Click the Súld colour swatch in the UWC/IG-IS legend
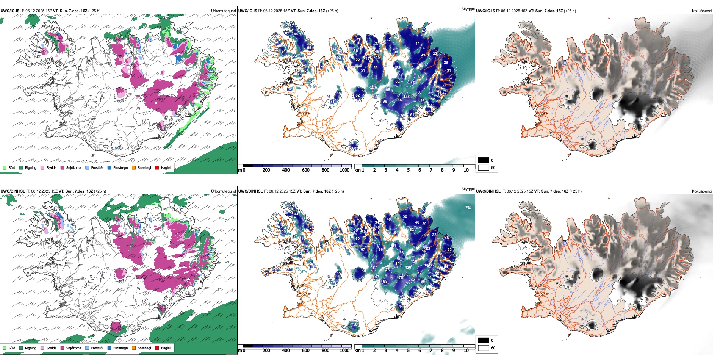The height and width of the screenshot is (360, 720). pos(5,167)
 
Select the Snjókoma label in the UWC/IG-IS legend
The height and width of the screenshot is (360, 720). pos(74,167)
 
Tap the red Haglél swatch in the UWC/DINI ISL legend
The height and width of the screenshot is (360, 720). pos(157,348)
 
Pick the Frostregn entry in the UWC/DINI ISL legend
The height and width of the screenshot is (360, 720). pos(120,348)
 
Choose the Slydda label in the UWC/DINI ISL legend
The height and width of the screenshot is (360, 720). pos(51,348)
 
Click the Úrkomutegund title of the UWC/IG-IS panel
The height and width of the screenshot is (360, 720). pos(223,11)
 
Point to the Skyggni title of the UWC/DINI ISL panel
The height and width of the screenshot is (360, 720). pos(468,189)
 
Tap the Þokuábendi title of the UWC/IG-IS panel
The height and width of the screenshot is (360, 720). pos(702,11)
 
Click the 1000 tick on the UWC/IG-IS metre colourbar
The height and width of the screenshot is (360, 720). pos(344,170)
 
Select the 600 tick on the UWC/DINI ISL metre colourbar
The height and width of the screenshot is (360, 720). pos(305,351)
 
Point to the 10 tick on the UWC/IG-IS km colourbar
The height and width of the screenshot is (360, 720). pos(466,170)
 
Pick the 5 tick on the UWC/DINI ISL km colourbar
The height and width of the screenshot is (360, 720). pos(409,351)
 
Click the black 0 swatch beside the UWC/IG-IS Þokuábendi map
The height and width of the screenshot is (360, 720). pos(484,160)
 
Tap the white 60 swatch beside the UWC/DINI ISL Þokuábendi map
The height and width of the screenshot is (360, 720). pos(484,348)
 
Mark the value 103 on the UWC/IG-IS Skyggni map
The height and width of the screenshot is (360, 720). pos(338,58)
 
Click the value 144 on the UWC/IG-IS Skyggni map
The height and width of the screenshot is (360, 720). pos(406,97)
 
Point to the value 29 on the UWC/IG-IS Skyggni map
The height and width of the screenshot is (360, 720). pos(446,63)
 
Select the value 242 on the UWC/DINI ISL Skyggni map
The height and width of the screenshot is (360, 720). pos(412,280)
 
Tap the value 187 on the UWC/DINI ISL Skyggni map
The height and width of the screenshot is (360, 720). pos(374,268)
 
